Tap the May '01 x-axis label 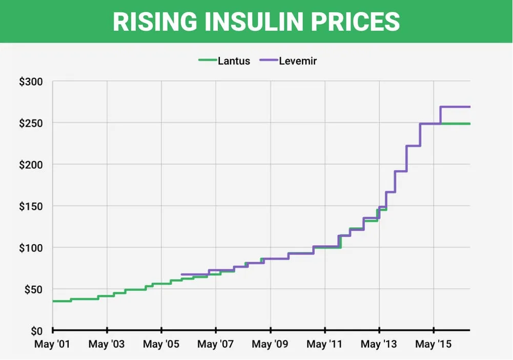point(52,344)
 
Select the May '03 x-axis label point(107,344)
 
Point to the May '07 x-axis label point(215,344)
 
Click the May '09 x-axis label point(270,344)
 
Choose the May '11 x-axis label point(325,344)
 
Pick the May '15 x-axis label point(434,344)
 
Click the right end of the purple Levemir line point(469,107)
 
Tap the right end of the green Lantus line point(469,124)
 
